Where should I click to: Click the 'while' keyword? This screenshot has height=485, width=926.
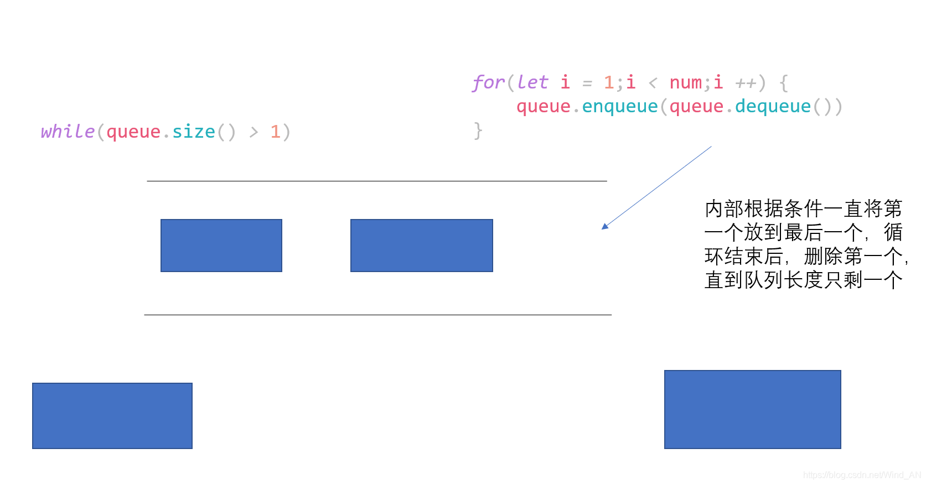tap(68, 132)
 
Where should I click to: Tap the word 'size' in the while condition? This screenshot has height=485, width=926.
tap(194, 132)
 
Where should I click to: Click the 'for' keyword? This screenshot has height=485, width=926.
tap(488, 82)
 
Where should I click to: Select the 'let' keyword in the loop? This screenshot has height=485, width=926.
tap(532, 82)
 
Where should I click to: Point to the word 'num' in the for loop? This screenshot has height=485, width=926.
tap(685, 82)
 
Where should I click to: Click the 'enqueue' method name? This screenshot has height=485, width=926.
tap(620, 107)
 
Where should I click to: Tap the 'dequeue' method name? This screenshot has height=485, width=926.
tap(773, 107)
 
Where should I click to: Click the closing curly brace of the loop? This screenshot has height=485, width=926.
tap(478, 131)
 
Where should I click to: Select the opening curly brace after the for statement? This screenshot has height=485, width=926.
tap(783, 82)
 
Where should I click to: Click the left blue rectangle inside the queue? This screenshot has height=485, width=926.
tap(221, 246)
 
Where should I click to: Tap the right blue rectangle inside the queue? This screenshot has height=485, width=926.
tap(422, 246)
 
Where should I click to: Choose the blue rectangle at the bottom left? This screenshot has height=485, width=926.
tap(112, 416)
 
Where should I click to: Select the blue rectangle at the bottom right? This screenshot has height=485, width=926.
tap(752, 409)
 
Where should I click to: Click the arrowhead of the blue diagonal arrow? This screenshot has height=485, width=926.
tap(604, 226)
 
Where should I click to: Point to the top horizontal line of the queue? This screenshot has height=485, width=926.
tap(377, 181)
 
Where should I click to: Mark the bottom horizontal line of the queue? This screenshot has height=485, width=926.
tap(378, 315)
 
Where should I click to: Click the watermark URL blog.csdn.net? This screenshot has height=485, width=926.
tap(862, 476)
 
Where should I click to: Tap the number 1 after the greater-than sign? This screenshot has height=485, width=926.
tap(275, 132)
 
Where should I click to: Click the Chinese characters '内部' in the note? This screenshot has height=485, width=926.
tap(725, 208)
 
